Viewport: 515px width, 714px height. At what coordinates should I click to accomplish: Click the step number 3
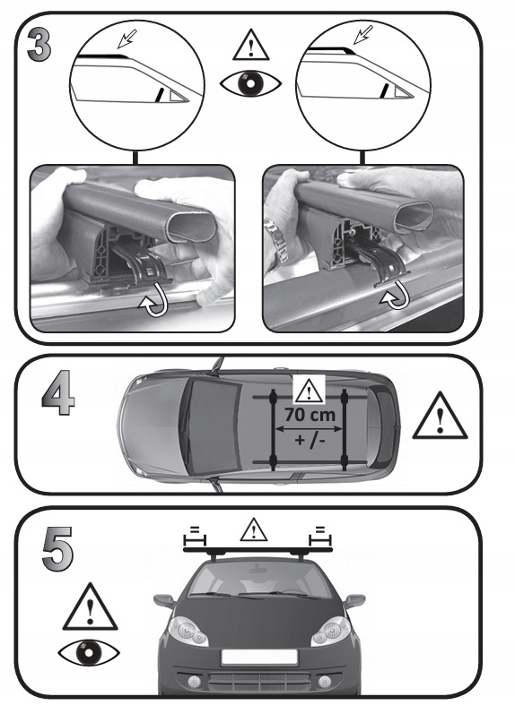tap(39, 45)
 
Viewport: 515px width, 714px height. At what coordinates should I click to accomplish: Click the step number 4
tap(58, 392)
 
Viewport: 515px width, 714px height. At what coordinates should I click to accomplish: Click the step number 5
tap(57, 548)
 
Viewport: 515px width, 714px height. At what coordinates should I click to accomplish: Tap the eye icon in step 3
tap(250, 83)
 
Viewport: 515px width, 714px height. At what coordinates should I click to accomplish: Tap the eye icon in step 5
tap(89, 653)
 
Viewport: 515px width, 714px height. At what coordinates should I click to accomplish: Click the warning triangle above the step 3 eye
tap(250, 45)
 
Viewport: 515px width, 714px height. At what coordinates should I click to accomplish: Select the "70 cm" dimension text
tap(310, 415)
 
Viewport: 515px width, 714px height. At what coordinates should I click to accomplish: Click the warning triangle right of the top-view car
tap(440, 417)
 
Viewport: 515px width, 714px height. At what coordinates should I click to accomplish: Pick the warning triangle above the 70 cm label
tap(309, 391)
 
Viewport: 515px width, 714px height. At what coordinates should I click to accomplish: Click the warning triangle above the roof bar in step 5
tap(253, 530)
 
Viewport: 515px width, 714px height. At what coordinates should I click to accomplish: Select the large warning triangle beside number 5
tap(90, 608)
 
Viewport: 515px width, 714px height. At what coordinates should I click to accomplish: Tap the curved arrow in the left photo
tap(153, 305)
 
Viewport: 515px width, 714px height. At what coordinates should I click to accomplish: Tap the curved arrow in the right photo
tap(395, 295)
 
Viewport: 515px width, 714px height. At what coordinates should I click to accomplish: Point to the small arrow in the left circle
tap(127, 39)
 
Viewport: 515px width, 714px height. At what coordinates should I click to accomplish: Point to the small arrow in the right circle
tap(363, 35)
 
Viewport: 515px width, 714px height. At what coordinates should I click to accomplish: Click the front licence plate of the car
tap(258, 657)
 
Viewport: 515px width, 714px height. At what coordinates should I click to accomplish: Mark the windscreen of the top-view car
tap(211, 426)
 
